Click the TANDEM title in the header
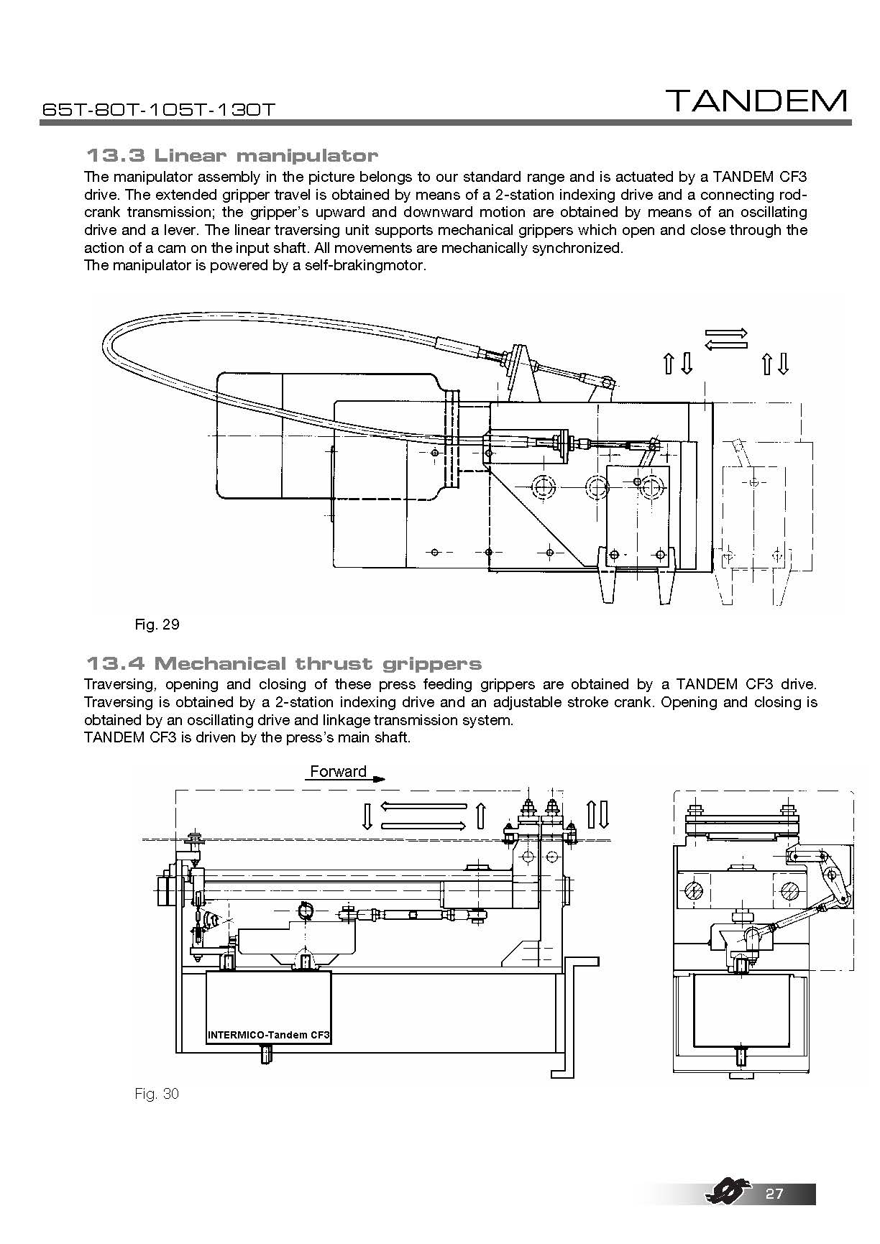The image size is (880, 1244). (756, 101)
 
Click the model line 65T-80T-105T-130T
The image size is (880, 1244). (159, 110)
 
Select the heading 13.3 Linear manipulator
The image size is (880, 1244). (232, 155)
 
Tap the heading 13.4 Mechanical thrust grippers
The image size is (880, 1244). (283, 663)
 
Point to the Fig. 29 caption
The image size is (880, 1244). (157, 624)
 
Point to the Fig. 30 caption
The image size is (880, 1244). (157, 1094)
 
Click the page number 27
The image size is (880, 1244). (774, 1194)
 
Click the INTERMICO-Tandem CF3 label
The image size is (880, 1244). (268, 1036)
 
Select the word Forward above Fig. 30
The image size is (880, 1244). (338, 772)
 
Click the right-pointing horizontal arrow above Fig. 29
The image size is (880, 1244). (727, 333)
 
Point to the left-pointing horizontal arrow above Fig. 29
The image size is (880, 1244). (725, 346)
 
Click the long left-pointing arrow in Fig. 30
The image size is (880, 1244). (423, 806)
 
